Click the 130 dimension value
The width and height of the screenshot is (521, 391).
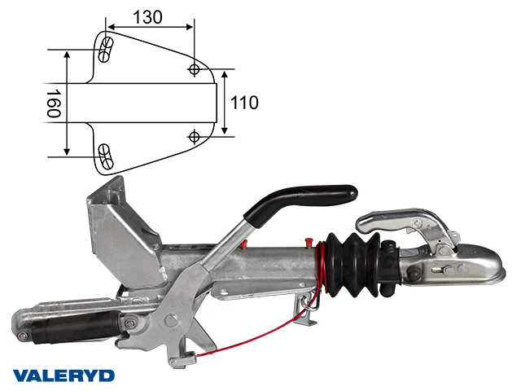(x=147, y=17)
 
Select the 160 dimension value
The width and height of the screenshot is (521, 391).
(x=53, y=103)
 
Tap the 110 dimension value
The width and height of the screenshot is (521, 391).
(x=244, y=103)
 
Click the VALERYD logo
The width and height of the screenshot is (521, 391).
(x=63, y=376)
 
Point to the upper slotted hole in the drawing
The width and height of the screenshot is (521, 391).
(x=107, y=50)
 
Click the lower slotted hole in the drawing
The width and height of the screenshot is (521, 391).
(x=107, y=156)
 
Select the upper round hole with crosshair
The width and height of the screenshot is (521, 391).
(x=194, y=69)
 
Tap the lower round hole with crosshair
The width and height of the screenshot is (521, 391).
(x=194, y=137)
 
